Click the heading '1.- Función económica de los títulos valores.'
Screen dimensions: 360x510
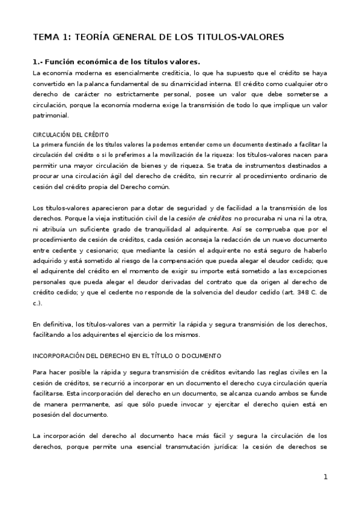point(115,61)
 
